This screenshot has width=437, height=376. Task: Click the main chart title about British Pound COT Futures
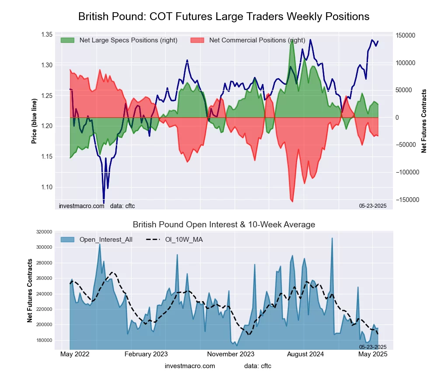(224, 17)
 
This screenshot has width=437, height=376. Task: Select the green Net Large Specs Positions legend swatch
(68, 40)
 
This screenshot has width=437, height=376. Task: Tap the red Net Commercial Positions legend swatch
(198, 40)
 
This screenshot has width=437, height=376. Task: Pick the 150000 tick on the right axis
(405, 35)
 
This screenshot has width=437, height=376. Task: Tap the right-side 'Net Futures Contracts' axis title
(424, 121)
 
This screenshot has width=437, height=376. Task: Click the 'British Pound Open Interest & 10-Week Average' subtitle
(224, 225)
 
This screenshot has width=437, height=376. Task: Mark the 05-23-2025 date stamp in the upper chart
(374, 205)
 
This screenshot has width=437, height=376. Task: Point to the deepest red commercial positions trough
(292, 201)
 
